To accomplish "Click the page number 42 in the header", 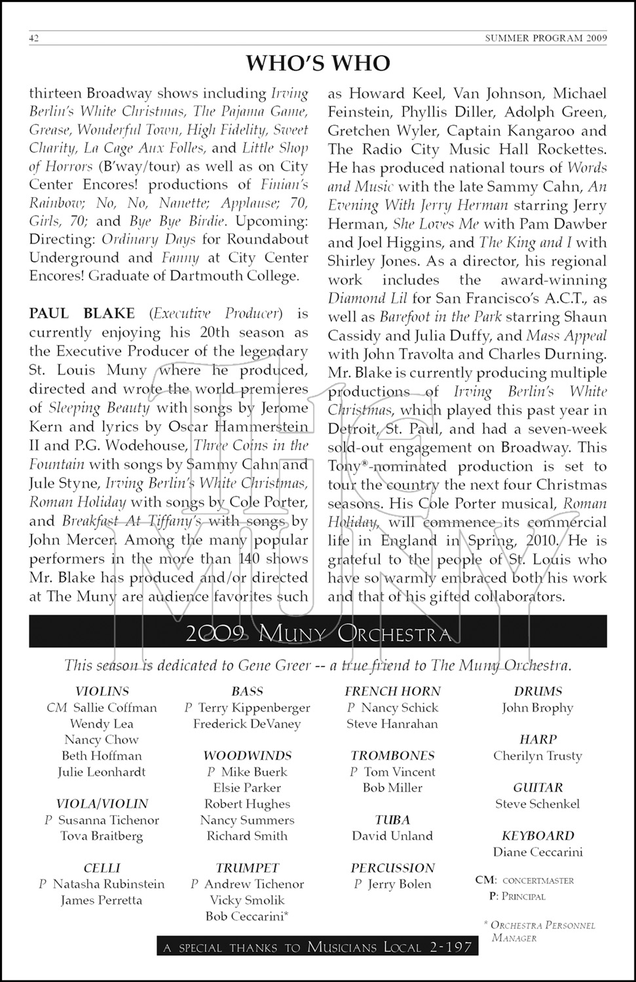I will coord(34,38).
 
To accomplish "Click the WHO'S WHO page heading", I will coord(318,63).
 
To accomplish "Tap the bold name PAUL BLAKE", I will coord(82,314).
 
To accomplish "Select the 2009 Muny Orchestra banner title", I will coord(318,633).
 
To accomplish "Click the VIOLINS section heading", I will coord(102,691).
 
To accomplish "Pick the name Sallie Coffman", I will coord(115,708).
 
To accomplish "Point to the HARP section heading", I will coord(538,739).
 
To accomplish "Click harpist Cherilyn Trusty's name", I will coord(538,755).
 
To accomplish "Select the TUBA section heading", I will coord(392,820).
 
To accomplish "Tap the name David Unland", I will coord(392,836).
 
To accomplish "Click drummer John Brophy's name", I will coord(538,708).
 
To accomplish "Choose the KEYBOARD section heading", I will coord(538,836).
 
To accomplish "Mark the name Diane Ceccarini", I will coord(538,852).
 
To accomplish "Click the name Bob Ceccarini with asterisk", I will coord(247,916).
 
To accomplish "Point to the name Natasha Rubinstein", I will coord(108,884).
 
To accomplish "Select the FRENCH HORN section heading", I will coord(392,691).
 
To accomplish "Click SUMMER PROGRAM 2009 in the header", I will coord(546,38).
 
